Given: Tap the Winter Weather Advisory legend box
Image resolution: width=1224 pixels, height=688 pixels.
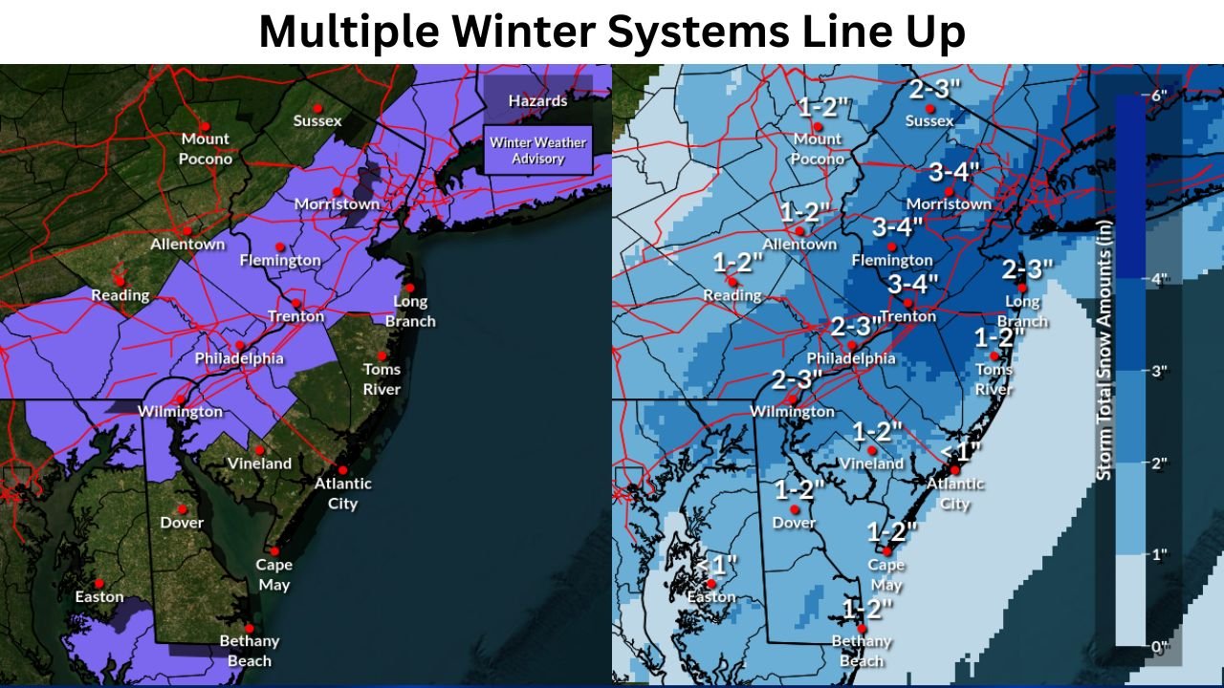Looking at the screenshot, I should [x=537, y=150].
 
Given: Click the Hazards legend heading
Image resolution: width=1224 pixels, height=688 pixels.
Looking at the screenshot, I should [x=537, y=100].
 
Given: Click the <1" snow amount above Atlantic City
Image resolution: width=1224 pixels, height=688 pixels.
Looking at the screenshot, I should [x=961, y=450].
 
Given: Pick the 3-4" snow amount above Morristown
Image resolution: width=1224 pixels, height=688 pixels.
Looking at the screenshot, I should [x=954, y=173].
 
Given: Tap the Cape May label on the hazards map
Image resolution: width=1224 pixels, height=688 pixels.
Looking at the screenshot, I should [x=273, y=574].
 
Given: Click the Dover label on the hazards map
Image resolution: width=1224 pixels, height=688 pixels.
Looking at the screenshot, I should [x=182, y=523].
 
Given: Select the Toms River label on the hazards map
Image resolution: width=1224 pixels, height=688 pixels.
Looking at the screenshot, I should [x=382, y=378].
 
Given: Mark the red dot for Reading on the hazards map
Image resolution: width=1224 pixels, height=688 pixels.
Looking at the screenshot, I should [x=120, y=280].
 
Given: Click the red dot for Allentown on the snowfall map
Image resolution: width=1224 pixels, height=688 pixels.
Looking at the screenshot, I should [x=798, y=230].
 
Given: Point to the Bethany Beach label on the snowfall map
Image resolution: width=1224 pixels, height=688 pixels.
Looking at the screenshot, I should [x=861, y=650].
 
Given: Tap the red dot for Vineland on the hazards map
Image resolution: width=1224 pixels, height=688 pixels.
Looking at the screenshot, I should [x=259, y=449].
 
